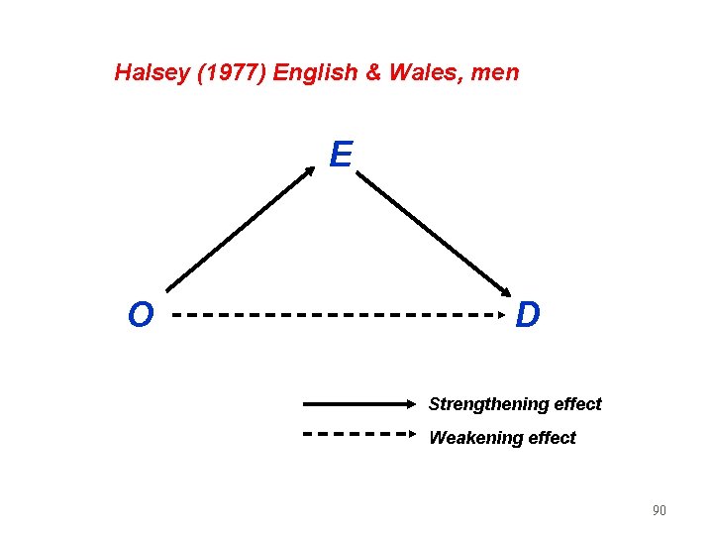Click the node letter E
click(x=341, y=155)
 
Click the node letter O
click(x=141, y=315)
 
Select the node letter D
click(x=529, y=315)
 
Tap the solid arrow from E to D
click(x=437, y=235)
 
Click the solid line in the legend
click(x=356, y=404)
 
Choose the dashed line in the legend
click(x=356, y=434)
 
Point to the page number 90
click(x=659, y=511)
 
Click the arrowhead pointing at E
click(x=310, y=170)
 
